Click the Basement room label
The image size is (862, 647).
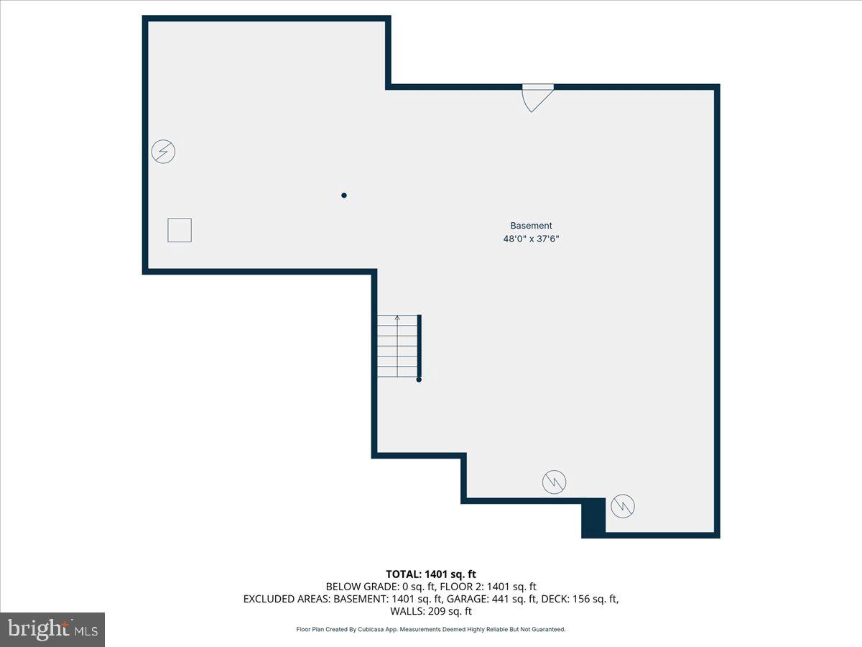531,226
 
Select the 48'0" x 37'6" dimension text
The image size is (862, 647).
531,239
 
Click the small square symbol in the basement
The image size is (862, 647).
180,230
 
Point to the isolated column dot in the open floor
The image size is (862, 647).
344,195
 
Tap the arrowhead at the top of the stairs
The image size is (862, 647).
397,317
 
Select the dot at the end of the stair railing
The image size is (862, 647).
419,379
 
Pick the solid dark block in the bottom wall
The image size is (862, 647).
593,517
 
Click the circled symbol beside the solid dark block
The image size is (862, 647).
623,506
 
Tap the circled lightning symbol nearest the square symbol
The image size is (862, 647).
164,152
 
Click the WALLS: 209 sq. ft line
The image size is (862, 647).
430,612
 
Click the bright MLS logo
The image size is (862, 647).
52,629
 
